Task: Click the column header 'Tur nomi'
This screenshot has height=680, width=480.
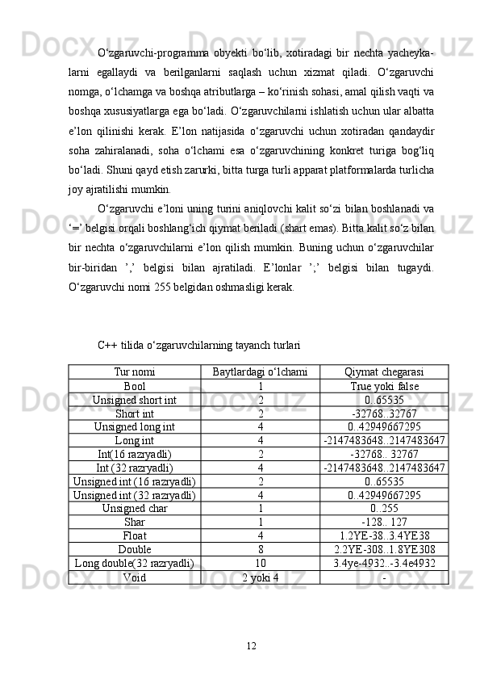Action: click(135, 371)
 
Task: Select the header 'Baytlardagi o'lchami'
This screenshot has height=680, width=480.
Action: click(260, 371)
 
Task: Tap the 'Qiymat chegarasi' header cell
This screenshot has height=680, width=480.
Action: click(384, 371)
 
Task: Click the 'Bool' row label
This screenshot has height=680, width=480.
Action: click(135, 385)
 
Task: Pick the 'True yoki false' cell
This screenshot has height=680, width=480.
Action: click(384, 385)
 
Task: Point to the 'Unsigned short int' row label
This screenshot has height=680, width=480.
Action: click(135, 399)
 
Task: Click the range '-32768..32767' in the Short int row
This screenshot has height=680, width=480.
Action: click(384, 413)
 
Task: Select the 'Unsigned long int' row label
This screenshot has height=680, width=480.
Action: click(135, 426)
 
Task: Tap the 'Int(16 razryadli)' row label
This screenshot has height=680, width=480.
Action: click(135, 454)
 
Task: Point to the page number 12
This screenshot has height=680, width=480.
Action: click(252, 644)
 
